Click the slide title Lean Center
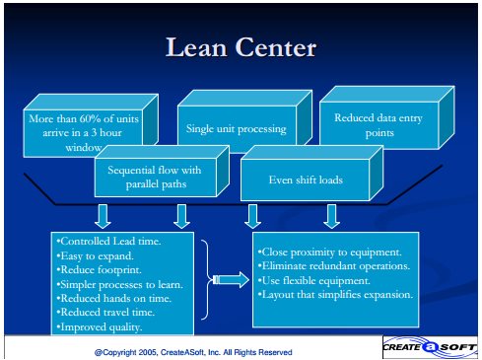click(x=241, y=47)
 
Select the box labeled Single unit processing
click(x=244, y=121)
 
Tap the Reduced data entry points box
click(x=386, y=118)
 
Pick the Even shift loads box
click(x=311, y=174)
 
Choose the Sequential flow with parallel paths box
click(x=162, y=172)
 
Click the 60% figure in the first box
click(x=90, y=118)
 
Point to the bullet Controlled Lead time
click(x=108, y=242)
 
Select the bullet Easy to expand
click(x=95, y=255)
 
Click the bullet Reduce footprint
click(x=99, y=270)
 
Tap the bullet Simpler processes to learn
click(x=119, y=284)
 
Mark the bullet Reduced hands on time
click(x=113, y=299)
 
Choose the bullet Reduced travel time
click(x=105, y=313)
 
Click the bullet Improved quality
click(x=100, y=327)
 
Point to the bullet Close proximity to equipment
click(x=329, y=252)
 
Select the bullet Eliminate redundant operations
click(x=334, y=266)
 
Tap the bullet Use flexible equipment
click(x=313, y=280)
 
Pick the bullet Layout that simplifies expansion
click(x=335, y=295)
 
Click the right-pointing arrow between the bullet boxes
click(x=232, y=280)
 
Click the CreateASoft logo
click(x=430, y=347)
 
